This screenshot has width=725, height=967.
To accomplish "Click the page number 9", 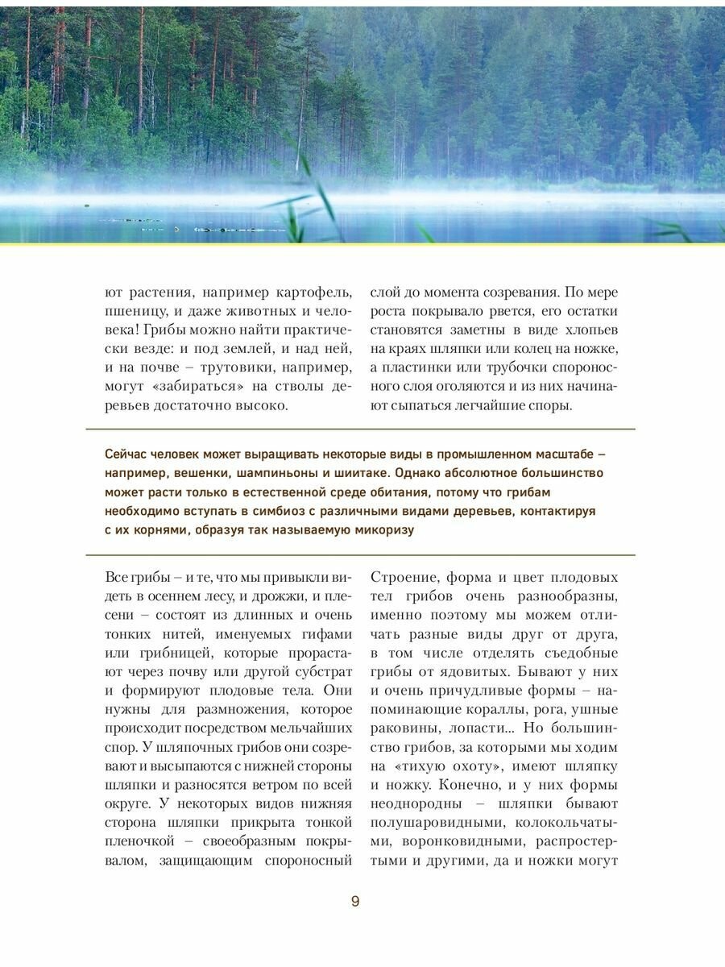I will click(355, 901).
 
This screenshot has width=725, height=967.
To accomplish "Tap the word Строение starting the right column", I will click(406, 577).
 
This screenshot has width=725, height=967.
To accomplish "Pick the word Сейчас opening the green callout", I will click(127, 452).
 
